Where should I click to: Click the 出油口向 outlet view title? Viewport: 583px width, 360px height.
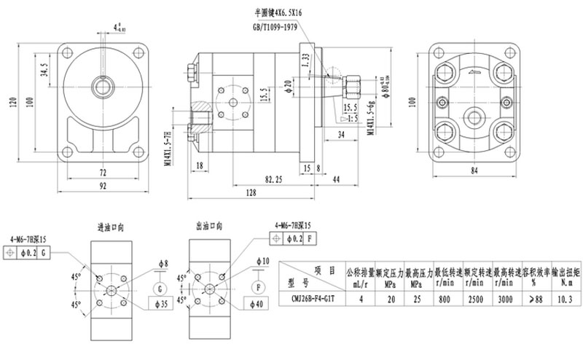209,227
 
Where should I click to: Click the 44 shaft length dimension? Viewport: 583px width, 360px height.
336,178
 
